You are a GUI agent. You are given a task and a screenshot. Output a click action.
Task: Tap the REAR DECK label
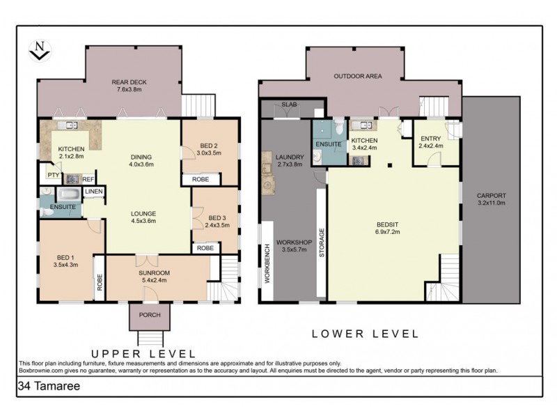[129, 82]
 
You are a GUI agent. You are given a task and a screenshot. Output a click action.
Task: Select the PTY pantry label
[52, 175]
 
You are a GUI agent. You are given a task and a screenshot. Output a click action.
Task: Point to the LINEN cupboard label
[94, 192]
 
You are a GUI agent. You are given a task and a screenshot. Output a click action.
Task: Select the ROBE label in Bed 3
[205, 247]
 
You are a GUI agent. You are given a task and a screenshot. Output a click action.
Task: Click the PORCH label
[150, 315]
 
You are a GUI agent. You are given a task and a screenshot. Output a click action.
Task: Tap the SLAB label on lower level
[290, 105]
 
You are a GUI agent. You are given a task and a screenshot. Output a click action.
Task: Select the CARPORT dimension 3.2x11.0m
[491, 203]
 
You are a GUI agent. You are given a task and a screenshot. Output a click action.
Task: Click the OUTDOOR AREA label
[357, 76]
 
